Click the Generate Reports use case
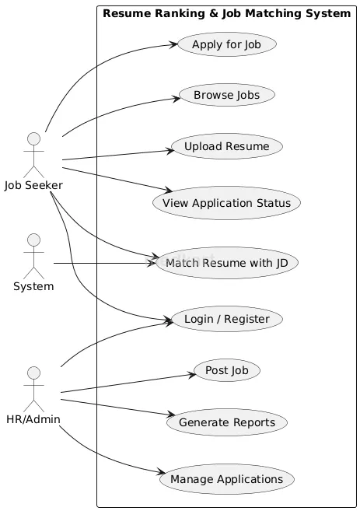click(225, 422)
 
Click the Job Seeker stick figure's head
click(33, 139)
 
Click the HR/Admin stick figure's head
click(33, 374)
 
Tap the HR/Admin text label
click(33, 420)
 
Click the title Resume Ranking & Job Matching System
click(226, 13)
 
